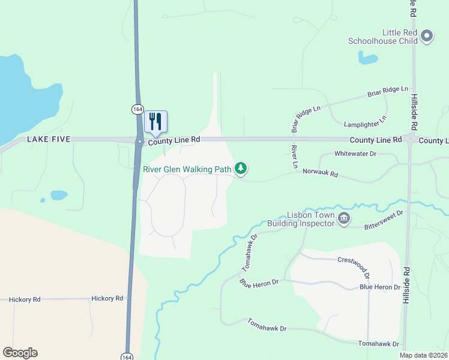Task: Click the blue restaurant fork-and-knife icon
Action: tap(155, 121)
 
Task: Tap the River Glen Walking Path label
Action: tap(187, 169)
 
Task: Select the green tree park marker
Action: tap(241, 169)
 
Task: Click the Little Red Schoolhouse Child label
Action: tap(383, 37)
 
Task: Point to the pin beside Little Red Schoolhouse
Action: tap(427, 36)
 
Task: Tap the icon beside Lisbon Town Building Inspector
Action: tap(344, 218)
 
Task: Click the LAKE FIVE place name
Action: tap(49, 139)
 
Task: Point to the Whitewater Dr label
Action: tap(355, 154)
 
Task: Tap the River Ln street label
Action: tap(294, 156)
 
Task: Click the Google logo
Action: tap(20, 353)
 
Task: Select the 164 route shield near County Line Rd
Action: tap(137, 109)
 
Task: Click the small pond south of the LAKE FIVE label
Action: tap(59, 195)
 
